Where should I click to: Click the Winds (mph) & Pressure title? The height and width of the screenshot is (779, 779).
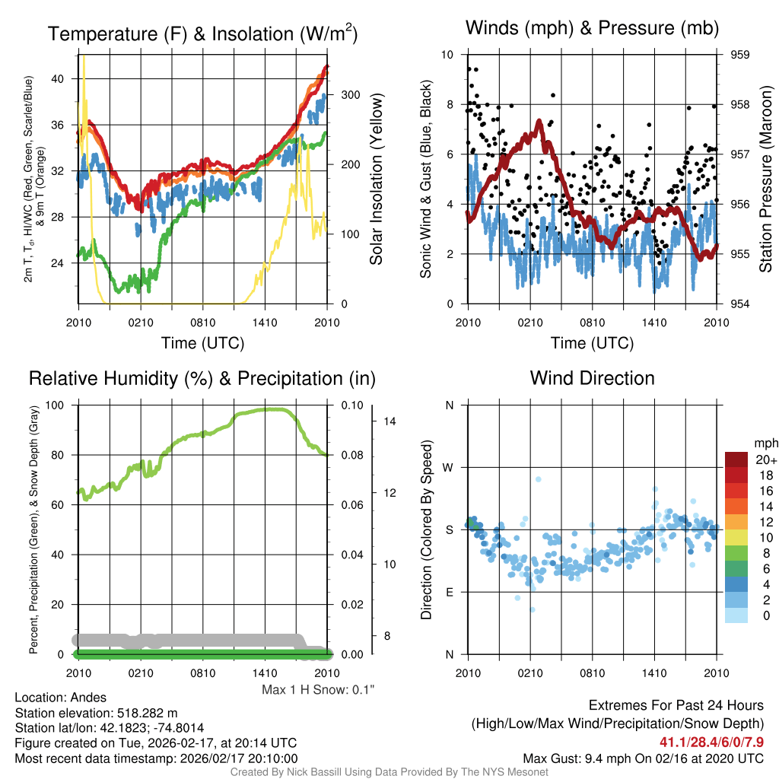(x=592, y=28)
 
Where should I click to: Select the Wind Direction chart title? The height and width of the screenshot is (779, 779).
(x=592, y=378)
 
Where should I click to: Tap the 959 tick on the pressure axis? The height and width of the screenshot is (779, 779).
(x=739, y=55)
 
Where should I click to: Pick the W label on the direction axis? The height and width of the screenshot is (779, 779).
(x=449, y=467)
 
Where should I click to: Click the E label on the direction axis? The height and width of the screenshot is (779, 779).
(x=449, y=592)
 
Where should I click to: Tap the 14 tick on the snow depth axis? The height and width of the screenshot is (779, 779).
(x=387, y=421)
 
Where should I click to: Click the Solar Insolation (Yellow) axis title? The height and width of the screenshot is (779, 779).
(x=376, y=180)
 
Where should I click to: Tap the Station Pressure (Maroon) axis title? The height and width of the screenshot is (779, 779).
(x=765, y=180)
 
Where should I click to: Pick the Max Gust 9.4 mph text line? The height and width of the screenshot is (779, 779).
(x=643, y=758)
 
